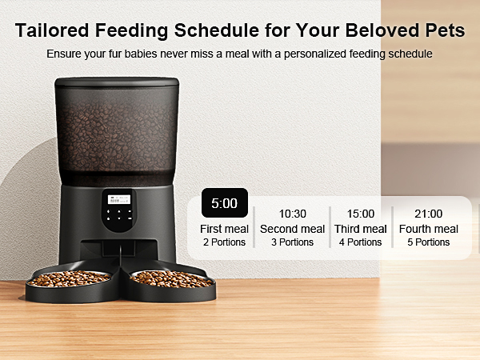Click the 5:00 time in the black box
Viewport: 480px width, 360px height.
[224, 203]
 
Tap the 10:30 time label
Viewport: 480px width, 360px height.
[292, 214]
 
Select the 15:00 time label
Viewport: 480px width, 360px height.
[360, 214]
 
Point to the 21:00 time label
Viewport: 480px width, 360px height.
[428, 214]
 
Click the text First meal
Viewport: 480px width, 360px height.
[224, 229]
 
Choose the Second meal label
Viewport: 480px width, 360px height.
[292, 229]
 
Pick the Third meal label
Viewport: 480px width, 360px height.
[360, 229]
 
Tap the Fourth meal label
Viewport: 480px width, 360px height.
[428, 229]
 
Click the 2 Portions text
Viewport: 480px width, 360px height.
[224, 242]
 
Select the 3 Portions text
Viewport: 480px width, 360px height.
[292, 242]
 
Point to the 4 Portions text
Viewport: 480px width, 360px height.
[360, 242]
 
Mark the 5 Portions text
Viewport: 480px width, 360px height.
[428, 242]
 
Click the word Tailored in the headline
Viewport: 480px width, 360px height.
[54, 31]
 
